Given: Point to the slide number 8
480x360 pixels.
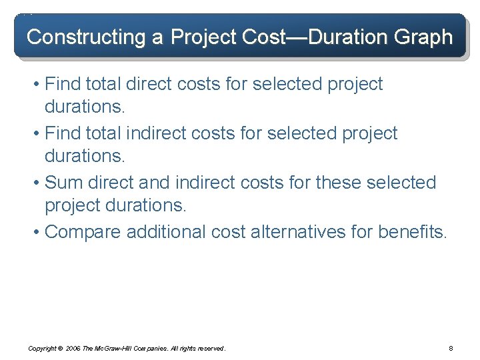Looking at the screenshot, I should [x=451, y=349].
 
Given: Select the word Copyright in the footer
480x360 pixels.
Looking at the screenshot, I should [x=41, y=349].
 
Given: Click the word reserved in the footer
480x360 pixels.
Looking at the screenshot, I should [x=212, y=349].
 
